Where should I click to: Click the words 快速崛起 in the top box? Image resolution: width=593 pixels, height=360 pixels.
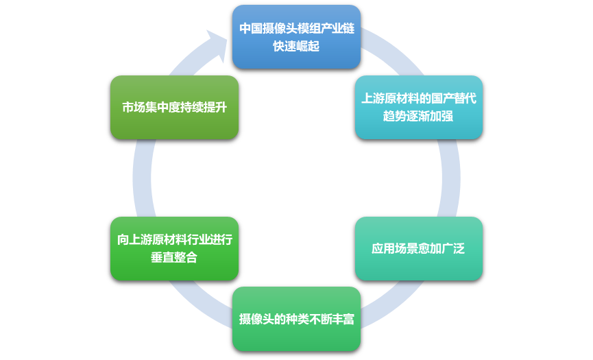pyautogui.click(x=296, y=47)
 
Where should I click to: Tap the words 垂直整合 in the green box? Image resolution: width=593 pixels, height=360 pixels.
pyautogui.click(x=174, y=258)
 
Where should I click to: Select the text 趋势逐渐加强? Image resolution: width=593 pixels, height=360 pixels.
pyautogui.click(x=418, y=116)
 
